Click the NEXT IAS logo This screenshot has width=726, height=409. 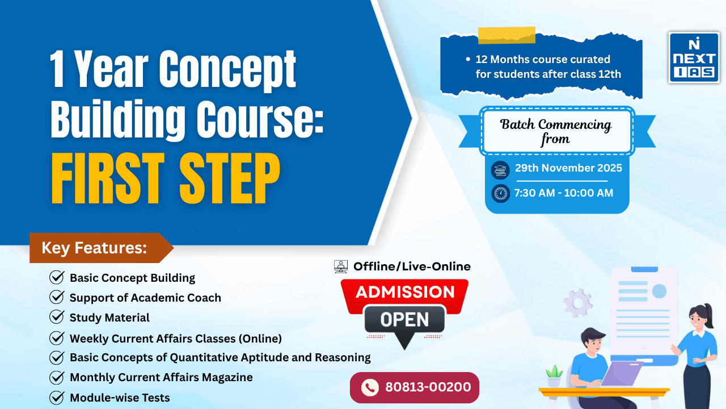tap(694, 57)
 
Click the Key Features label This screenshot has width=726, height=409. tap(94, 248)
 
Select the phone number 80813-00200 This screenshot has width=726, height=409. tap(428, 387)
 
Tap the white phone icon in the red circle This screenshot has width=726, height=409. tap(370, 387)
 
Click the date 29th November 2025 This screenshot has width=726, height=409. tap(568, 168)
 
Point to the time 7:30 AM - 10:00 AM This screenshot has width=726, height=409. tap(563, 193)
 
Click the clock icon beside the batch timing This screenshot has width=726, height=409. tap(500, 193)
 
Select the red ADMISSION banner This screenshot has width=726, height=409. tap(404, 292)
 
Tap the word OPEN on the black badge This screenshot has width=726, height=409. tap(404, 319)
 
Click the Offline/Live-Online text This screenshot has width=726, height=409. tap(412, 266)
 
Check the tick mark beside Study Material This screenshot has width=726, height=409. tap(57, 317)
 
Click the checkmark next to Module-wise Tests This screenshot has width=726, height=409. tap(57, 398)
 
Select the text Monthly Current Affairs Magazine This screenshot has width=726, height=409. tap(161, 377)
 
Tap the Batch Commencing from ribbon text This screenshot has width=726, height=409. tap(556, 131)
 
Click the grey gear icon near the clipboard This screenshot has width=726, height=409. tap(578, 303)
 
